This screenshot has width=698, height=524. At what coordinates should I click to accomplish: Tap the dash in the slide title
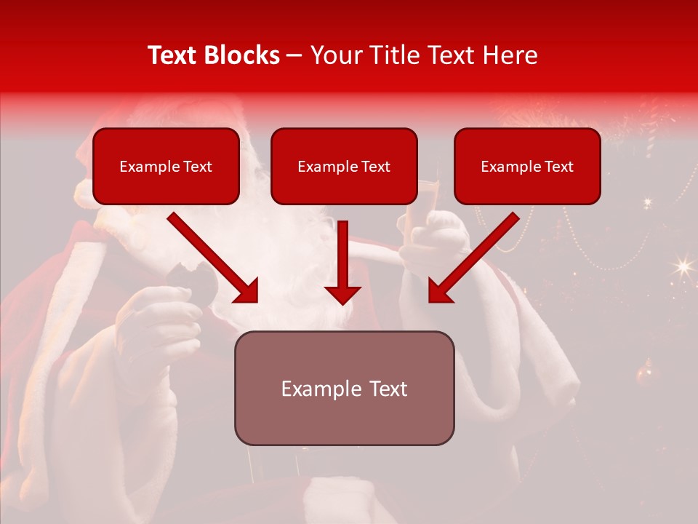click(x=294, y=56)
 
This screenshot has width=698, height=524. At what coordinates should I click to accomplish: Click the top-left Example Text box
click(x=166, y=166)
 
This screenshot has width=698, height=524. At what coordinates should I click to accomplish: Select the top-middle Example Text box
click(x=344, y=166)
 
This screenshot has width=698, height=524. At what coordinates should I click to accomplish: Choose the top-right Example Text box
click(x=527, y=166)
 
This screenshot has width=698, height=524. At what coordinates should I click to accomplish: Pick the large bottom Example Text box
click(x=344, y=388)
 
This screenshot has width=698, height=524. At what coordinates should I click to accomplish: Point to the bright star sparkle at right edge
click(x=683, y=266)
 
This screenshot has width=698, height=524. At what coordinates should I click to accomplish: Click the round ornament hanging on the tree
click(x=644, y=374)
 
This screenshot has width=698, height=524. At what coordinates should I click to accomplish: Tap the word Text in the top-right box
click(x=558, y=167)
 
